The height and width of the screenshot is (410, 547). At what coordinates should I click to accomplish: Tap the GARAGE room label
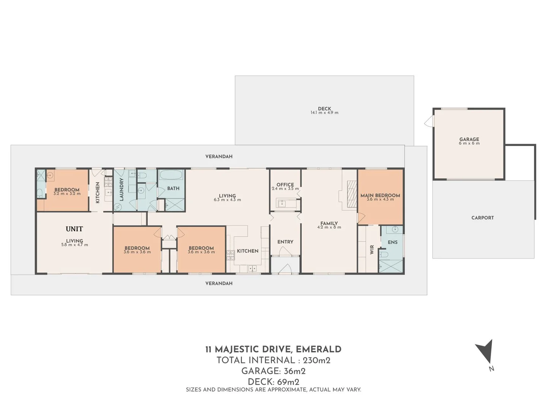coord(469,141)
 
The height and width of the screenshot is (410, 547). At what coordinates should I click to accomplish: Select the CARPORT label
coord(482,218)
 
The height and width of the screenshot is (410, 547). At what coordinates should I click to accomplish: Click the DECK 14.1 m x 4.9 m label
coord(324,110)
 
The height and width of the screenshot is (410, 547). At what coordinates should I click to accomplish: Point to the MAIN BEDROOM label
coord(380,197)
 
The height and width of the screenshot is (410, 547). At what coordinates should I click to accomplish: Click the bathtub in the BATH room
coord(171,175)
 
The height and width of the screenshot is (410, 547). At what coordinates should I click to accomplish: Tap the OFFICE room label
coord(285,186)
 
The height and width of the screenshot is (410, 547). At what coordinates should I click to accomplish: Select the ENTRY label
coord(285,242)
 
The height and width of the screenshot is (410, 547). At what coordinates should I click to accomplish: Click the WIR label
coord(372,249)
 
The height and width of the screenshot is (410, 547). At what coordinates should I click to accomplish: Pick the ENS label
coord(392,242)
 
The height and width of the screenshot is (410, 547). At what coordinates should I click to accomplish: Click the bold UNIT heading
coord(74,229)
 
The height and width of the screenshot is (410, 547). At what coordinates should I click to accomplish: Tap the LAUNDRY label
coord(122,189)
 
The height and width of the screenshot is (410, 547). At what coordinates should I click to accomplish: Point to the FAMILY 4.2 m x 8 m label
coord(329,225)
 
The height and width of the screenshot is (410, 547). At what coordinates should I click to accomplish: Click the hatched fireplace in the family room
coord(352,194)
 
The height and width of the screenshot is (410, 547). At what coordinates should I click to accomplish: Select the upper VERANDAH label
coord(219,156)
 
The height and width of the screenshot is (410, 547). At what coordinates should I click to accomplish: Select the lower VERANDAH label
coord(219,283)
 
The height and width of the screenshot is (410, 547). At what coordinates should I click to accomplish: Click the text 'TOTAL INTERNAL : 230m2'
coord(273,360)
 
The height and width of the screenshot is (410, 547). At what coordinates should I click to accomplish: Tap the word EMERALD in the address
coord(318,349)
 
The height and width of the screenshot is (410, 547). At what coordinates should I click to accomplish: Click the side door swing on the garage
coord(429,121)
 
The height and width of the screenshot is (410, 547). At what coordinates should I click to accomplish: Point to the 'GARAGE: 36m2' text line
coord(273,371)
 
